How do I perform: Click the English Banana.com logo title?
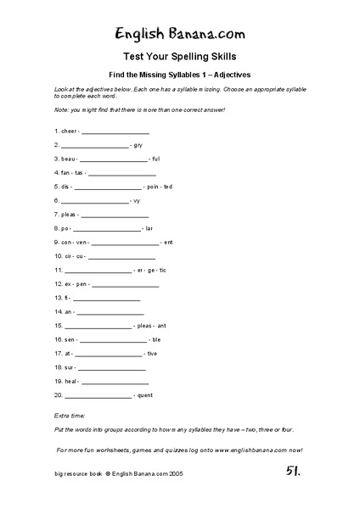click(179, 35)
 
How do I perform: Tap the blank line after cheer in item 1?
click(115, 132)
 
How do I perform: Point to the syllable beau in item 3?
click(66, 159)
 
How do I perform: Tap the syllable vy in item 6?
click(137, 200)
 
